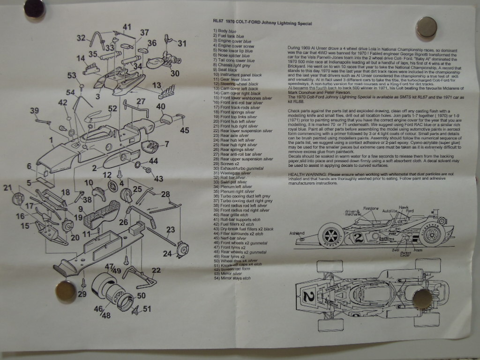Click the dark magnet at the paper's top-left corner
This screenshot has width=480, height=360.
[x=34, y=8]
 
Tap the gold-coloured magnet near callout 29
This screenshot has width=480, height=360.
[x=65, y=292]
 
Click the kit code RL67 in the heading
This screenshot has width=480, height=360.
[x=218, y=21]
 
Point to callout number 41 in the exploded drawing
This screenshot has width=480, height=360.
[x=127, y=27]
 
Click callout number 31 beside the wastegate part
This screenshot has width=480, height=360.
[x=182, y=43]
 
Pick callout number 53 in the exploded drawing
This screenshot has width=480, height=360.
[x=71, y=75]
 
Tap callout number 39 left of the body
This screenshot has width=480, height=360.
[x=34, y=111]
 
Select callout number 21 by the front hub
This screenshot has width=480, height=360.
[x=7, y=188]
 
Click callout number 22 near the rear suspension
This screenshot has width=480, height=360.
[x=156, y=270]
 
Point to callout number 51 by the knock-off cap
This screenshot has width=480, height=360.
[x=147, y=308]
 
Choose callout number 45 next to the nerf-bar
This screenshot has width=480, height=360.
[x=185, y=130]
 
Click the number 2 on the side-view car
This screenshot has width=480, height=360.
[x=359, y=237]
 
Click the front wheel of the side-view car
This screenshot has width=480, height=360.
[x=331, y=236]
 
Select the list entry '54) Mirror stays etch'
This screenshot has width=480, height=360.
[x=232, y=278]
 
